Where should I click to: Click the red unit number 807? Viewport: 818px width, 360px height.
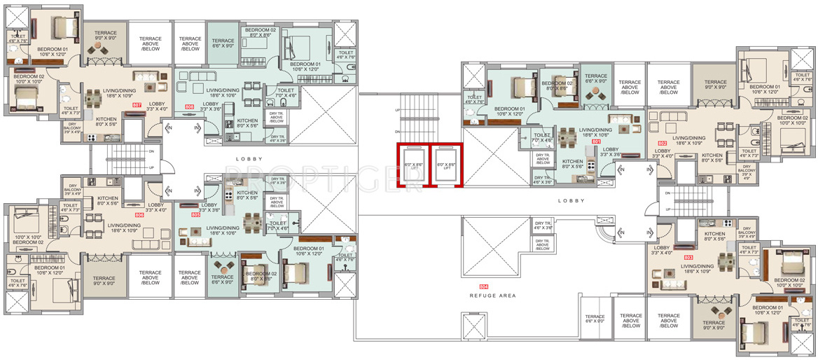point(137,106)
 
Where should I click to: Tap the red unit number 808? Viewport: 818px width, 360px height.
point(189,106)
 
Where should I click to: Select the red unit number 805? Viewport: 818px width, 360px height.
point(195,215)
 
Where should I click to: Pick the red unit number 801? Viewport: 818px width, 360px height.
point(597,141)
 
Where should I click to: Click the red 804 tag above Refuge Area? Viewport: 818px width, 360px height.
point(483,287)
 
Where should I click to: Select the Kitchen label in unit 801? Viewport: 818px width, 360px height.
point(572,164)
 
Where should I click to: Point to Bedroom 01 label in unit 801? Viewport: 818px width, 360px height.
point(509,111)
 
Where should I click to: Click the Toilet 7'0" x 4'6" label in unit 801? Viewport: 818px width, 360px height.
point(543,137)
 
